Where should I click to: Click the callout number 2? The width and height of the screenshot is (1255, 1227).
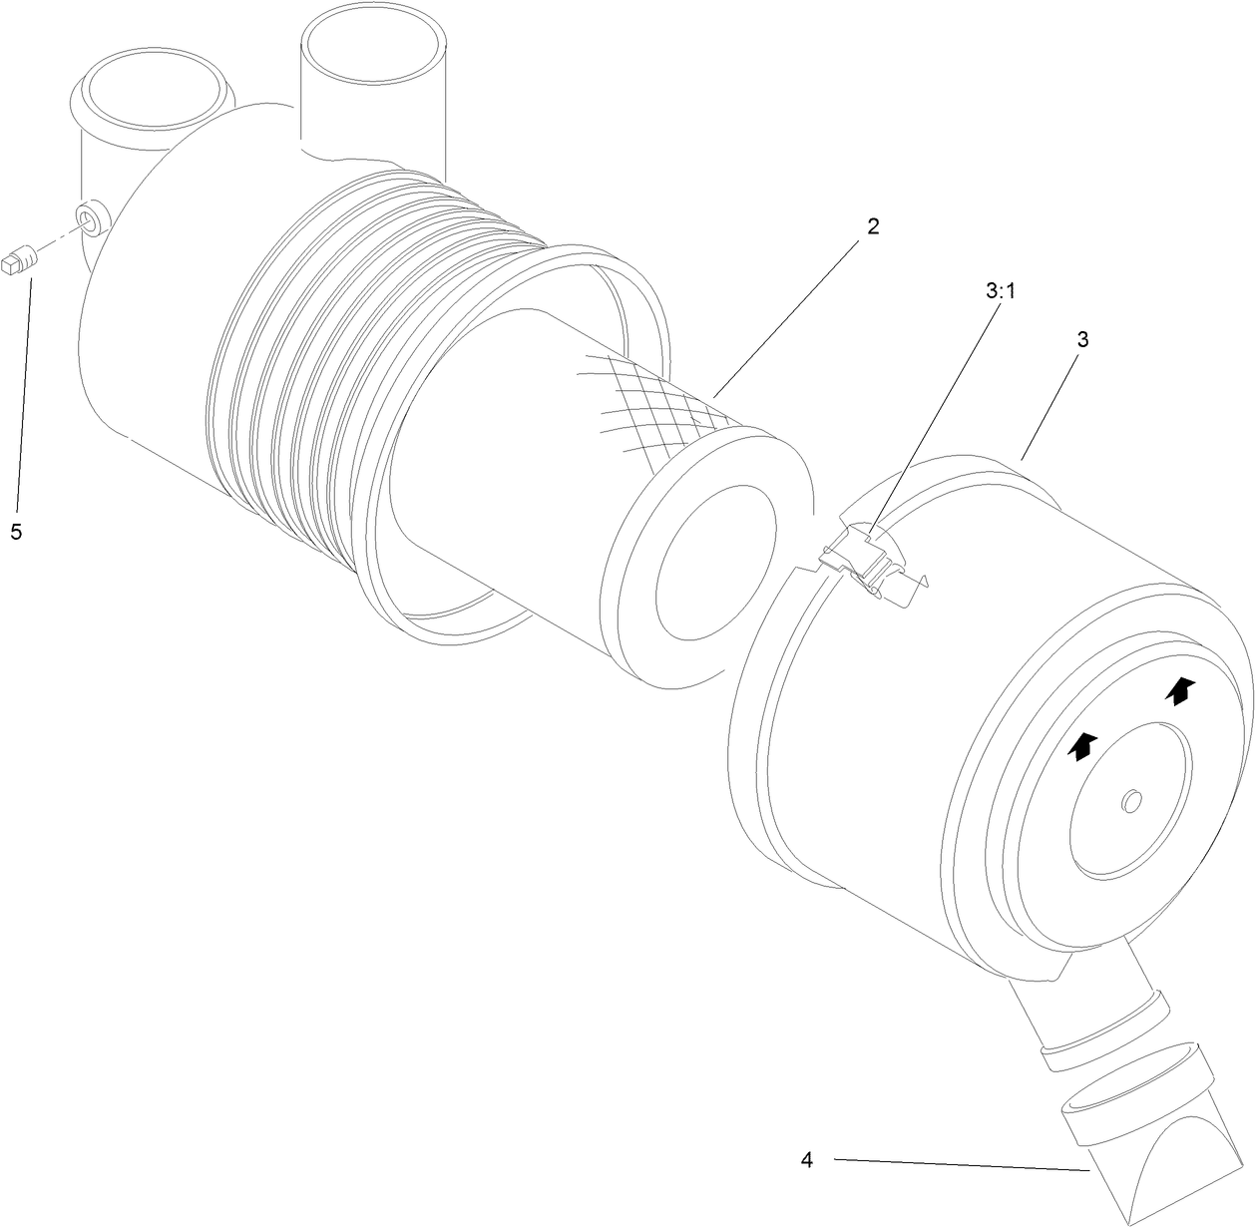pos(873,226)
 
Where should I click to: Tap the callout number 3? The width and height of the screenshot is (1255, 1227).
pos(1081,339)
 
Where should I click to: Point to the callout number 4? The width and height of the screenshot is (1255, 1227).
pos(806,1160)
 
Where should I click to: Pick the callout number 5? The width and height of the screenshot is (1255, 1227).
pos(16,532)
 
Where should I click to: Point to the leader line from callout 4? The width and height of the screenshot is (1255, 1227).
pos(958,1164)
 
